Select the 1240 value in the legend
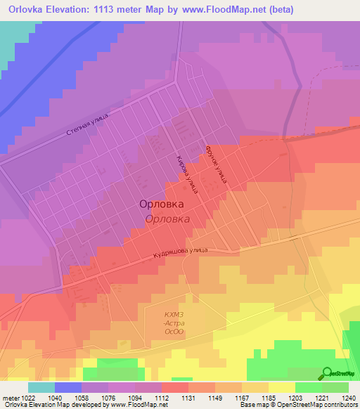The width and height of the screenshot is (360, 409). (x=349, y=398)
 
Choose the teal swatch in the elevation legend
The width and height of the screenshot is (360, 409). (x=41, y=387)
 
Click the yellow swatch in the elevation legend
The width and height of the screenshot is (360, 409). (x=281, y=387)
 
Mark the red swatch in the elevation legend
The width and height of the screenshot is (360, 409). (x=174, y=387)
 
